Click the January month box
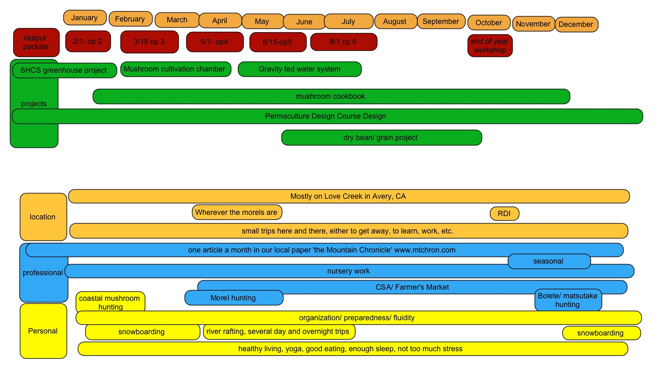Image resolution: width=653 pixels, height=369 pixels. tap(85, 18)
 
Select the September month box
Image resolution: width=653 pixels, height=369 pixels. tap(441, 21)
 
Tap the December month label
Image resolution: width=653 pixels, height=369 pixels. tap(576, 24)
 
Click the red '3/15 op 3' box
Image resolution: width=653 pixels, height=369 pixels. tap(149, 42)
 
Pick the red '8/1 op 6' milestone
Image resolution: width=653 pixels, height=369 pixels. tap(343, 42)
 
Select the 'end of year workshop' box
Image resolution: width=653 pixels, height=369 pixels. tap(490, 46)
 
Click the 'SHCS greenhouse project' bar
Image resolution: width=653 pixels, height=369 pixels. tap(64, 70)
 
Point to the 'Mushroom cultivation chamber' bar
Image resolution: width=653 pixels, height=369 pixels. tap(175, 69)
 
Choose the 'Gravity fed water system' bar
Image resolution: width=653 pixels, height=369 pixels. tap(300, 69)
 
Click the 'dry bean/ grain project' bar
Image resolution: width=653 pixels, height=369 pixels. tap(381, 138)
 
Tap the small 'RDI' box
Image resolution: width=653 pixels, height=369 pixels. tap(504, 214)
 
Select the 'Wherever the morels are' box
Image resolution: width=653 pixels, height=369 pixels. tap(237, 212)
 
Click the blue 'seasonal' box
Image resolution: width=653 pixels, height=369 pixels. tap(549, 261)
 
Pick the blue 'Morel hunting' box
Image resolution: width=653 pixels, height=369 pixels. tap(234, 298)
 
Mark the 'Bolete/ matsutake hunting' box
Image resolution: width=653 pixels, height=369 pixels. tap(568, 300)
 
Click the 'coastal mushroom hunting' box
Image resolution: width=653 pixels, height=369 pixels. tap(110, 302)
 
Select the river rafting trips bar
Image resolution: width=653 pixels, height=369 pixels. tap(278, 331)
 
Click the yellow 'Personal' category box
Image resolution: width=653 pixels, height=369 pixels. tap(43, 331)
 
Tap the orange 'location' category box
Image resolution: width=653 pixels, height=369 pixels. tap(43, 217)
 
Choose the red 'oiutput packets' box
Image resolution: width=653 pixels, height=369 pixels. tap(36, 43)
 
